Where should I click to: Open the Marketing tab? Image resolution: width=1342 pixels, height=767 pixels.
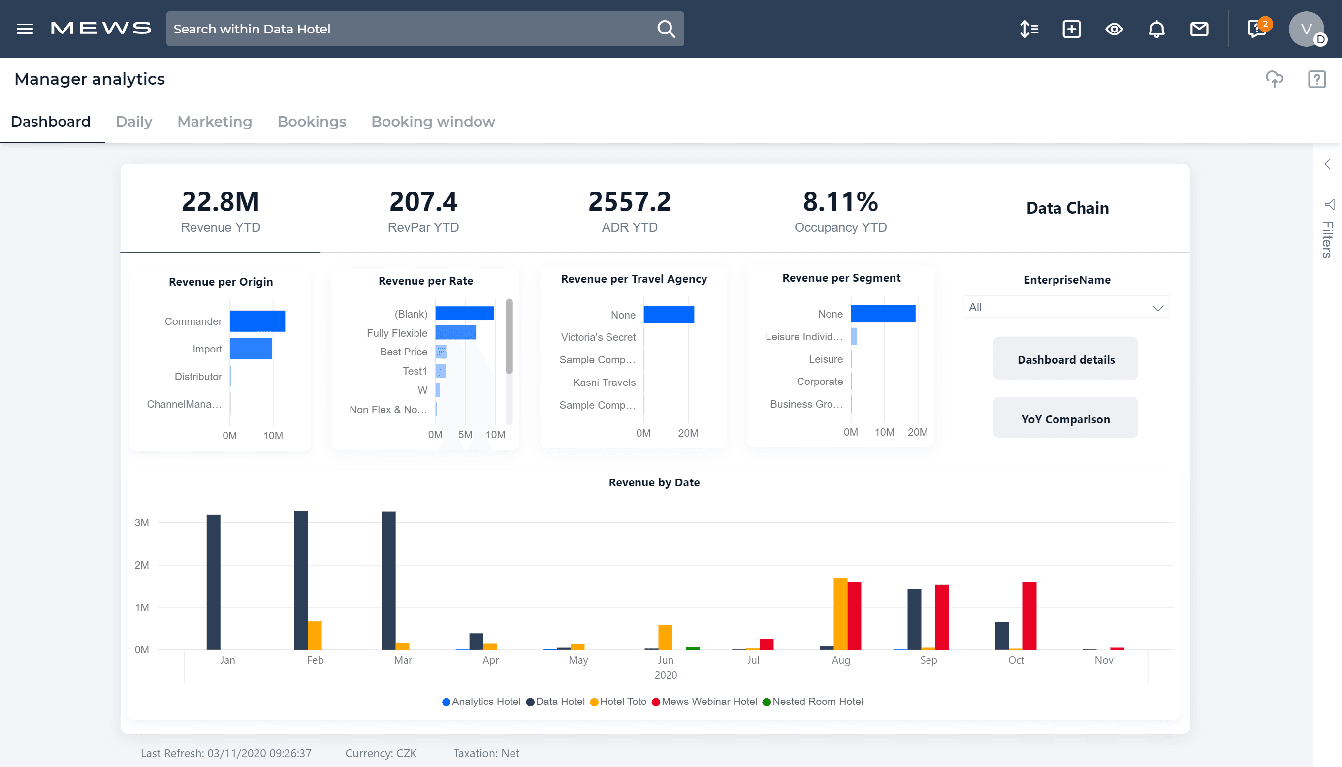(214, 122)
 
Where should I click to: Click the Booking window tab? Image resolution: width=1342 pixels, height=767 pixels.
(433, 122)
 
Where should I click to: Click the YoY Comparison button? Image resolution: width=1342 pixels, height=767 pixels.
(1065, 419)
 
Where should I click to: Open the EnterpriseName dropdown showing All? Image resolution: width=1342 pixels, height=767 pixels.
(1065, 307)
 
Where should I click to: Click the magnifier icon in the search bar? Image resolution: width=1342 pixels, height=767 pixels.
(666, 29)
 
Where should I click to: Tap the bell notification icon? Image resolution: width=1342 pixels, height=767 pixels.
(1156, 29)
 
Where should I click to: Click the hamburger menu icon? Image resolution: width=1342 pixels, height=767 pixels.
(25, 29)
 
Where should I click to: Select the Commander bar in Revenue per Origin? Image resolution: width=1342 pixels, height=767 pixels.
(257, 321)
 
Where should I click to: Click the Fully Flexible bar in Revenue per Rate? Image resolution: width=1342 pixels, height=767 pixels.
(455, 332)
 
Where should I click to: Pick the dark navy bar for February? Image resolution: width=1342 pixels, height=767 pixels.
(301, 579)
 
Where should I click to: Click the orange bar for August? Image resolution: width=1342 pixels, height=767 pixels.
(839, 614)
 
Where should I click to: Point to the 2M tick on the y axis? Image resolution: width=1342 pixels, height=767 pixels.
(142, 565)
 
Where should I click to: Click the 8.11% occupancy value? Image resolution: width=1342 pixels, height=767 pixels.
(840, 202)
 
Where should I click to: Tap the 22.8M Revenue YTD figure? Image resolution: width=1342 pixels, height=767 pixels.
(220, 202)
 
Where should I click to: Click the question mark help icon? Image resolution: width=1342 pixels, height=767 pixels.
(1316, 79)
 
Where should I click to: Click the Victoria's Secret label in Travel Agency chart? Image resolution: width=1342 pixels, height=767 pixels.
(598, 337)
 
